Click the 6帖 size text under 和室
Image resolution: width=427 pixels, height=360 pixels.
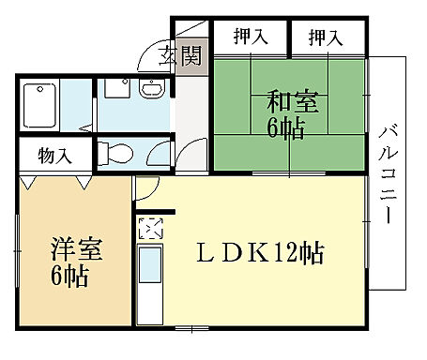click(285, 128)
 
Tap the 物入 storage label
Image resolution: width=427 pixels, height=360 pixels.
click(55, 155)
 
